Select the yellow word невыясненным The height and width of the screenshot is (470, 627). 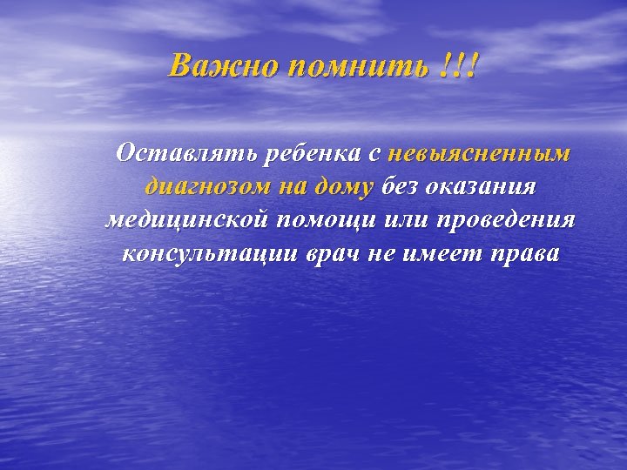[x=479, y=153]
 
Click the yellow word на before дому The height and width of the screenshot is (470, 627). [x=294, y=186]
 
